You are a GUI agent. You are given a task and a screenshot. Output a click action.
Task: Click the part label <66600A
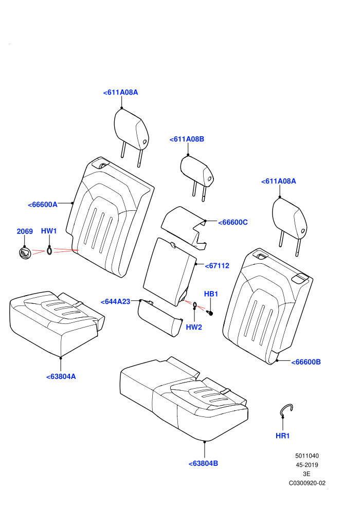[x=43, y=205]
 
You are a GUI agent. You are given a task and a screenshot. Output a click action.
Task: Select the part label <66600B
[x=306, y=362]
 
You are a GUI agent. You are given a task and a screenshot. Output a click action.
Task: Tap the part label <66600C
[x=233, y=222]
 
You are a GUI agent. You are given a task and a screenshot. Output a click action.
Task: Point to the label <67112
[x=217, y=265]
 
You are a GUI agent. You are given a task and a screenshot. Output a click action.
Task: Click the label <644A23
[x=115, y=302]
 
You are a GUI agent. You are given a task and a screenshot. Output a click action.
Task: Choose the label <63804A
[x=61, y=376]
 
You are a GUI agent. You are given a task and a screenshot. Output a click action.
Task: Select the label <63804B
[x=203, y=464]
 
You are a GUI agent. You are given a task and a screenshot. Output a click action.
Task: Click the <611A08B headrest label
[x=187, y=139]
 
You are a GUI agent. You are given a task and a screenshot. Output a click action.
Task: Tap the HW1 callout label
[x=49, y=231]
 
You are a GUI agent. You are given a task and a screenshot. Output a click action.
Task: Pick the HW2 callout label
[x=194, y=327]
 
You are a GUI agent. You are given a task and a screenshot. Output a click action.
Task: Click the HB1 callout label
[x=211, y=294]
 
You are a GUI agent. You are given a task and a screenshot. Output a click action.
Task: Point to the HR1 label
[x=282, y=435]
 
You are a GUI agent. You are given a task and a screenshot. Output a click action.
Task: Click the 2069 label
[x=25, y=231]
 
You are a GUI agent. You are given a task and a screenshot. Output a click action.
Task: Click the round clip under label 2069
[x=25, y=253]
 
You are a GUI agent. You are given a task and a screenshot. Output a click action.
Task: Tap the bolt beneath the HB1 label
[x=210, y=313]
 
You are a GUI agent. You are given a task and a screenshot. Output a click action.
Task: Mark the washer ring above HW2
[x=194, y=304]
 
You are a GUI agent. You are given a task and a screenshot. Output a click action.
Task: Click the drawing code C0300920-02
[x=307, y=483]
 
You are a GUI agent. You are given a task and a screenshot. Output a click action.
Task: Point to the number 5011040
[x=307, y=456]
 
